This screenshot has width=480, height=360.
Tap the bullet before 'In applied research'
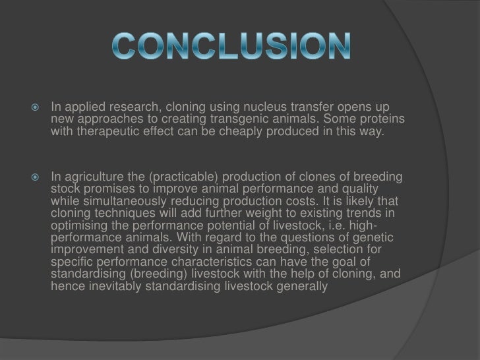[37, 107]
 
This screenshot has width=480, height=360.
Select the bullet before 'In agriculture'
[37, 176]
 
